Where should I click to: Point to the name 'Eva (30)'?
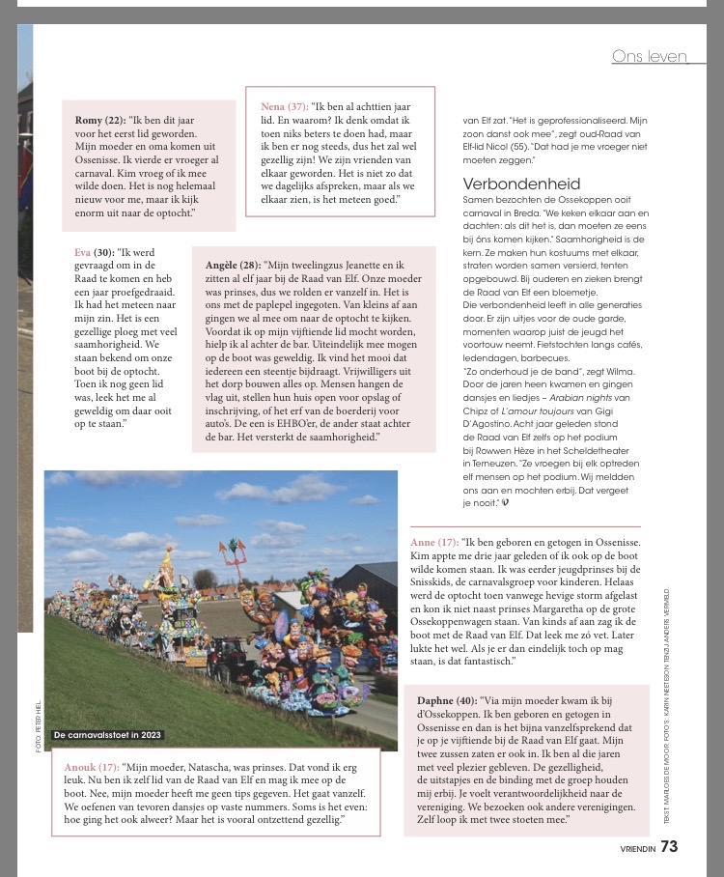point(95,252)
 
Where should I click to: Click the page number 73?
point(670,847)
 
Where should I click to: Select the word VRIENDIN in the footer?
point(637,849)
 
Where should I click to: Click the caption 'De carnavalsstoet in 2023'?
point(107,735)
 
